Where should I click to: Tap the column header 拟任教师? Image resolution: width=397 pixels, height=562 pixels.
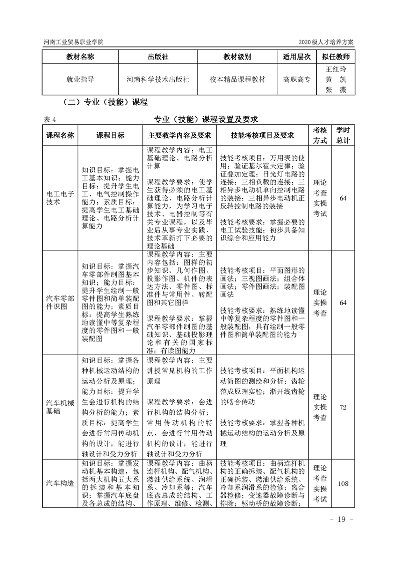coord(336,57)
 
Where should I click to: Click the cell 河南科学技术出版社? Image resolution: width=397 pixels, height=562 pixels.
coord(158,79)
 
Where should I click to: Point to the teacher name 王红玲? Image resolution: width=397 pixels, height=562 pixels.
coord(336,69)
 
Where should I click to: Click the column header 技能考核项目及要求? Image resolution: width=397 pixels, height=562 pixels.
coord(262,135)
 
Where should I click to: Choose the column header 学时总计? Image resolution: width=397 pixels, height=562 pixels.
coord(343,135)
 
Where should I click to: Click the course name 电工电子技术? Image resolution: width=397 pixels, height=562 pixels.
coord(60,198)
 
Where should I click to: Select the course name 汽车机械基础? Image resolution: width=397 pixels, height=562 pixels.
coord(60,407)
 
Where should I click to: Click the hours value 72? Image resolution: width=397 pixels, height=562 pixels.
coord(343,407)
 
